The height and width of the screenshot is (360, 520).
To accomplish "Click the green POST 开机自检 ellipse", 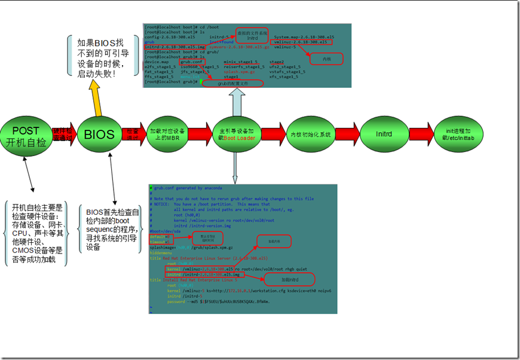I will (26, 136).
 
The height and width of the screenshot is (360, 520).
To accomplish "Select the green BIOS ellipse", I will (99, 135).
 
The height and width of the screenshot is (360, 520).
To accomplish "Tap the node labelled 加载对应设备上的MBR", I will (167, 134).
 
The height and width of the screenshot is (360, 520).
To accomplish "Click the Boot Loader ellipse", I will (236, 134).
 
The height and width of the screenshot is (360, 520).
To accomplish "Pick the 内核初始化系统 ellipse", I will (309, 135).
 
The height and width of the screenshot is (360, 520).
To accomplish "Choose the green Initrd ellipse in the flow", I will (383, 135).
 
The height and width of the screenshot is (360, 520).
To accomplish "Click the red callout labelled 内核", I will (326, 59).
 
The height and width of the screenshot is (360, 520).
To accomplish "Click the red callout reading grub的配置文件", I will (233, 84).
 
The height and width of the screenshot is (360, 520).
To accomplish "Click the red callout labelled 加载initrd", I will (290, 279).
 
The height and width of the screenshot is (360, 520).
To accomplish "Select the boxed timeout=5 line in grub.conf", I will (158, 242).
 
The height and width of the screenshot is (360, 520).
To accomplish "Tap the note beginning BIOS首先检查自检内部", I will (112, 229).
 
